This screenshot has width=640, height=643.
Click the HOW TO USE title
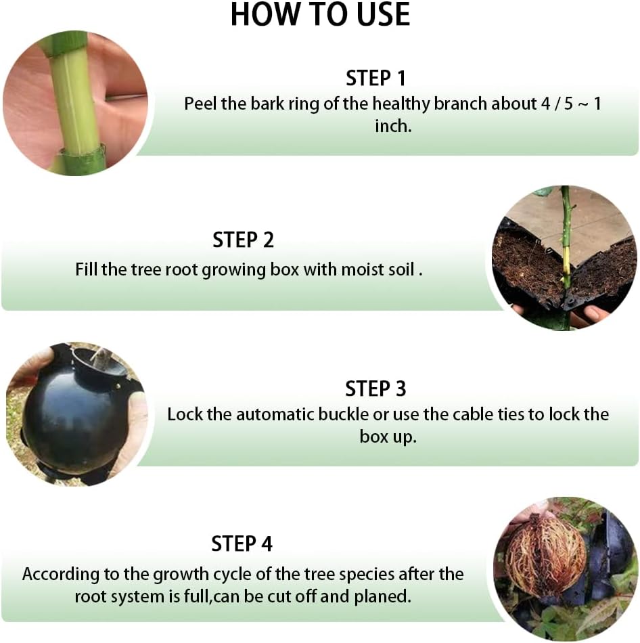(x=320, y=14)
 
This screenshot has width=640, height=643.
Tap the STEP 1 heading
(x=375, y=78)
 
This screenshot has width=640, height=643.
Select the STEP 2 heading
(x=243, y=240)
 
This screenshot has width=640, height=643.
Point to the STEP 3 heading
(x=375, y=389)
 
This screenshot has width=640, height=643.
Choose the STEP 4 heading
(x=242, y=544)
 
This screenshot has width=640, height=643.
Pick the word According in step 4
(x=61, y=575)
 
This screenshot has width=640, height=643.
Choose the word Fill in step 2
(x=86, y=270)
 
